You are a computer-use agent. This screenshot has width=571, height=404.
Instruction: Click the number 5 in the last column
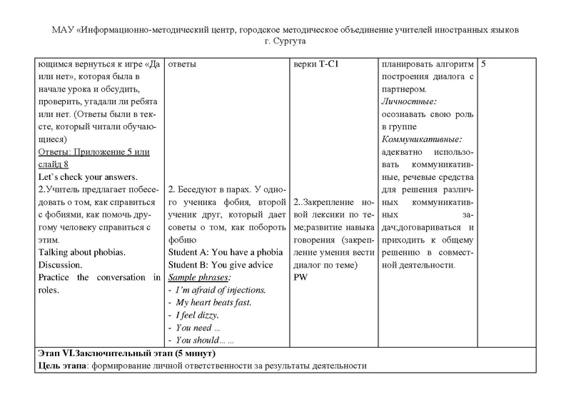pos(485,64)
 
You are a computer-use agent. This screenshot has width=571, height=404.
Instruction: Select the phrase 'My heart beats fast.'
pos(213,302)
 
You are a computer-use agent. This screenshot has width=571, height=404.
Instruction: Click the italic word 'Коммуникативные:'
pos(422,139)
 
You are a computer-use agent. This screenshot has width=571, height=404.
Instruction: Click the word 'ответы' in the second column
pos(182,64)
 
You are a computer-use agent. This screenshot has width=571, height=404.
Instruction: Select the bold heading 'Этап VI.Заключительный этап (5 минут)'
pos(125,354)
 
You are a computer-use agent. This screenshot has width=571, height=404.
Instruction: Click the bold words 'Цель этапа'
pos(60,366)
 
